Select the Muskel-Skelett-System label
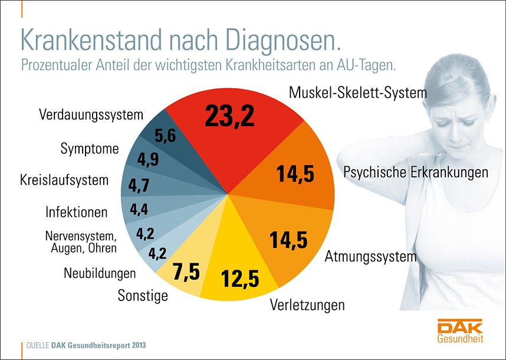(x=357, y=93)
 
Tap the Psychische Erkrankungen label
(x=416, y=172)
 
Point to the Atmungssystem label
(x=370, y=257)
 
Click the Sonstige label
(x=143, y=295)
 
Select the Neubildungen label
(x=100, y=273)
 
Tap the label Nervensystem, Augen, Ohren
(x=81, y=242)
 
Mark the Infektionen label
(x=77, y=212)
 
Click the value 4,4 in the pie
(x=140, y=209)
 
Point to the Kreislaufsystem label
(x=64, y=180)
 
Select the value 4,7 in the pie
(x=139, y=186)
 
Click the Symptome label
(x=90, y=149)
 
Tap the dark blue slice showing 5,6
(x=165, y=137)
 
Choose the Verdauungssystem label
(x=91, y=114)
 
